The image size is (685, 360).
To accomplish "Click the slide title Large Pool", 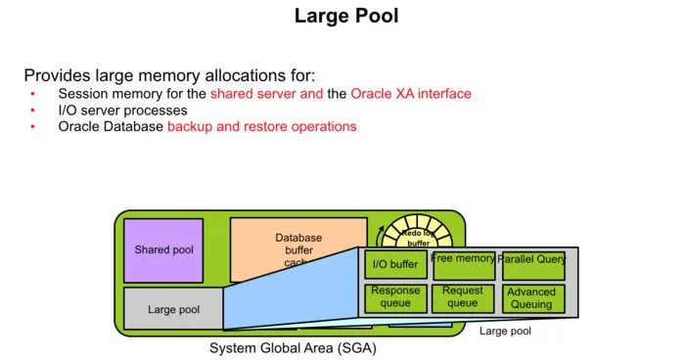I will pyautogui.click(x=346, y=17).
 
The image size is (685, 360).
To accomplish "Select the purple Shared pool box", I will pyautogui.click(x=163, y=250).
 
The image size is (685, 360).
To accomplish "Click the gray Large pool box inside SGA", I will pyautogui.click(x=173, y=309).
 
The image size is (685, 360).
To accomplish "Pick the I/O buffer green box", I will pyautogui.click(x=395, y=264).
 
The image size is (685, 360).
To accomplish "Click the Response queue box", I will pyautogui.click(x=395, y=297).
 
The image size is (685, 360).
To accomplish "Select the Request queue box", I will pyautogui.click(x=464, y=297).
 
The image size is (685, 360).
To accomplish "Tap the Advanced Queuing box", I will pyautogui.click(x=532, y=297).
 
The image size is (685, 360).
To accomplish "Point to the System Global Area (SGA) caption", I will pyautogui.click(x=293, y=348).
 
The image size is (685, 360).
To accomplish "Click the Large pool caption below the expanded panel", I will pyautogui.click(x=505, y=332).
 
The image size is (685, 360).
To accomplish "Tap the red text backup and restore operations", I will pyautogui.click(x=261, y=126).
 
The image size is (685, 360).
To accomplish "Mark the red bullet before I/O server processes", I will pyautogui.click(x=32, y=111).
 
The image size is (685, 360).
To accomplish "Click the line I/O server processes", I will pyautogui.click(x=122, y=111).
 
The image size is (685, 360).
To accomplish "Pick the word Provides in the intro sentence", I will pyautogui.click(x=55, y=75).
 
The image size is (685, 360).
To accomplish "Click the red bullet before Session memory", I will pyautogui.click(x=32, y=94).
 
